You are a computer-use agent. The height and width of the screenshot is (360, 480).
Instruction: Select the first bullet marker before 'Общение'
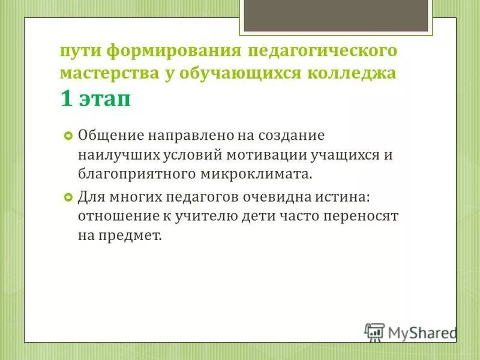point(68,135)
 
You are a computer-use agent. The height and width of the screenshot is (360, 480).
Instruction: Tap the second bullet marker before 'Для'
point(68,196)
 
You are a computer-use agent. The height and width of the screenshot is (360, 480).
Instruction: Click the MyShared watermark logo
point(410,332)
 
